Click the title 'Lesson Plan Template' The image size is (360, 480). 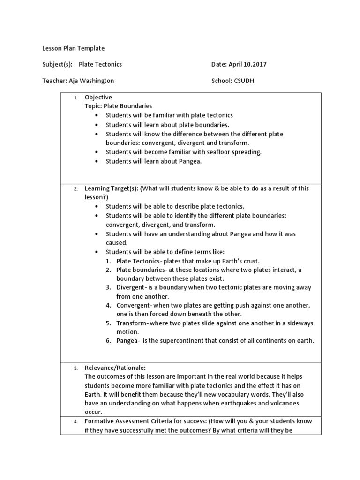74,48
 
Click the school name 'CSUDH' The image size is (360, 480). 244,81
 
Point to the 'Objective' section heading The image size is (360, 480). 98,97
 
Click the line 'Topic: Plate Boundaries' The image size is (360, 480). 118,106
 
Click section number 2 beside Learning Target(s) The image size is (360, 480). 76,189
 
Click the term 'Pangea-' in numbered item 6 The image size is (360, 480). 128,340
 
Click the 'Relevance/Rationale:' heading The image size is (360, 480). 115,368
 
